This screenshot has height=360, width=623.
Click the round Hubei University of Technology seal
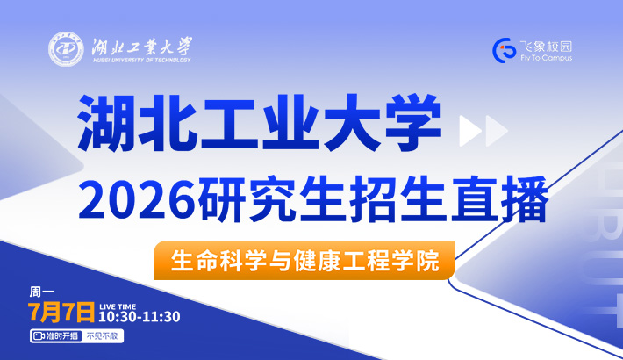point(66,49)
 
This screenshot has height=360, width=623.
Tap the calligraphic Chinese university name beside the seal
point(142,47)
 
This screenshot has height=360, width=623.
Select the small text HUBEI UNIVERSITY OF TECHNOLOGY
point(142,60)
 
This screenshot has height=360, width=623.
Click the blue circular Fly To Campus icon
point(505,51)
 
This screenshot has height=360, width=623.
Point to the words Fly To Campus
point(547,58)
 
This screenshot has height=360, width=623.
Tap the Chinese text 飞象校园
point(546,47)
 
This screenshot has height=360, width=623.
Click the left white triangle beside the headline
point(469,131)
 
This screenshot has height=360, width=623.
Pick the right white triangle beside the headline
point(496,131)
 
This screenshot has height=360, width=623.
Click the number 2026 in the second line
point(138,199)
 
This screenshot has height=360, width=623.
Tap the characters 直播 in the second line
point(500,199)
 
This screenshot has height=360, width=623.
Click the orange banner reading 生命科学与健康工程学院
point(304,260)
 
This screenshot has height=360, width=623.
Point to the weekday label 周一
point(41,292)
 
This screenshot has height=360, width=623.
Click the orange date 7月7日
point(61,312)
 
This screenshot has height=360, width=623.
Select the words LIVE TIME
point(118,306)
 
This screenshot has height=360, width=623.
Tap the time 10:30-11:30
point(140,317)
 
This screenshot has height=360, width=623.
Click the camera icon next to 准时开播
point(39,336)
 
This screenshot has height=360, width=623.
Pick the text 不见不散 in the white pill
point(102,336)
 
